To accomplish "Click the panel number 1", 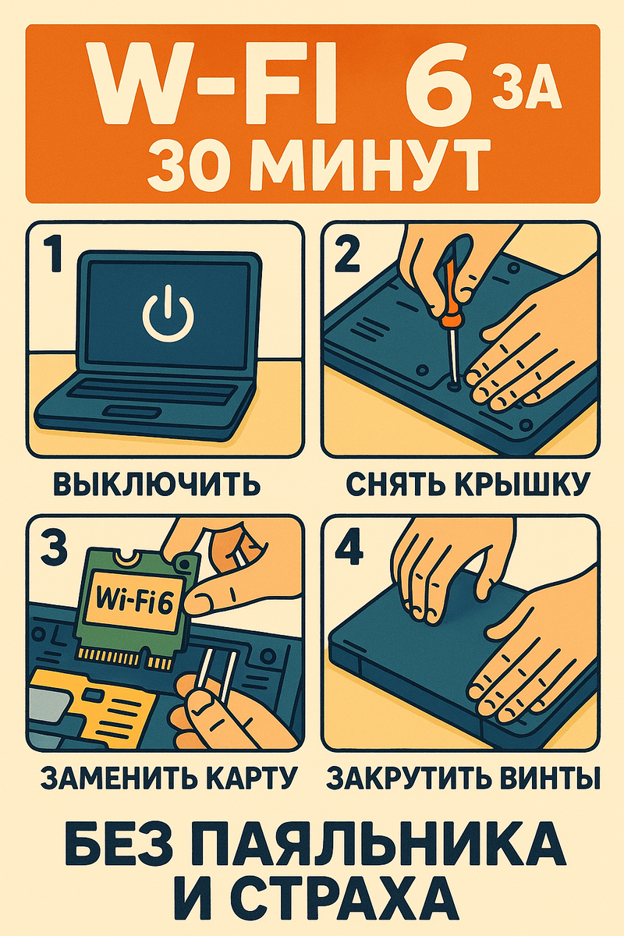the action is pyautogui.click(x=54, y=253).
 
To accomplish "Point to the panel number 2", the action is pyautogui.click(x=347, y=253).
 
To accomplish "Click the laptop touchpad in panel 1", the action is pyautogui.click(x=133, y=412).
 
